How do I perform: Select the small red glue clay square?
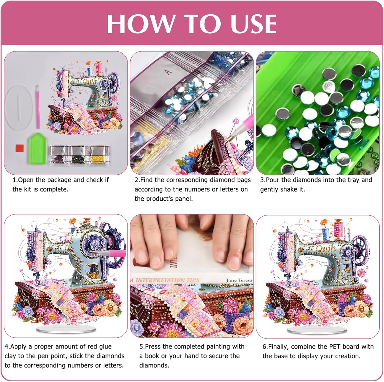[x=20, y=148]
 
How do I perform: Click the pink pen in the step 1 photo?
[x=38, y=107]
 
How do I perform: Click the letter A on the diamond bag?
[x=168, y=72]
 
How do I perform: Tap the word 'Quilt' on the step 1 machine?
[x=90, y=81]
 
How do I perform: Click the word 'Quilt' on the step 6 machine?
[x=326, y=248]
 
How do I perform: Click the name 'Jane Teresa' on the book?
[x=239, y=280]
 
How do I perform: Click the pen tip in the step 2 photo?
[x=226, y=141]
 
